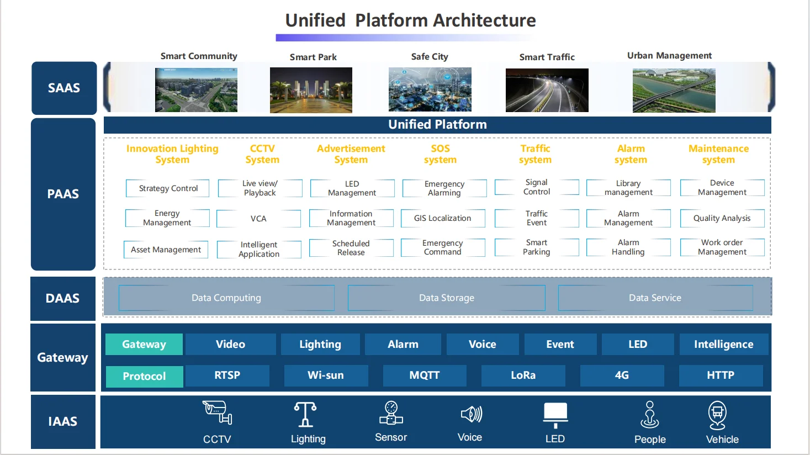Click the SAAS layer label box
coord(64,88)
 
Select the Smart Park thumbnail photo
coord(311,90)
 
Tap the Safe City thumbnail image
coord(430,89)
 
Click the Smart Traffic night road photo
coord(547,90)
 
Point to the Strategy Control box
coord(168,188)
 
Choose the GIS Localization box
coord(443,218)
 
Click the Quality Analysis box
coord(722,218)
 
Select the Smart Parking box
coord(537,247)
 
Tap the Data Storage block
coord(446,298)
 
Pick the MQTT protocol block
coord(425,375)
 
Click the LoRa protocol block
coord(523,375)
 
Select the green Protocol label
coord(144,376)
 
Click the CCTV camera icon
coord(217,412)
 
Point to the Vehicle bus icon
coord(717,415)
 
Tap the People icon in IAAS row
coord(650,415)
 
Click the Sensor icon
coord(391,413)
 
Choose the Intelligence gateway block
coord(723,345)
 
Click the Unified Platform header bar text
coord(437,125)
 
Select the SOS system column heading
coord(440,154)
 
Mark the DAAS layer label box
coord(63,299)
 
